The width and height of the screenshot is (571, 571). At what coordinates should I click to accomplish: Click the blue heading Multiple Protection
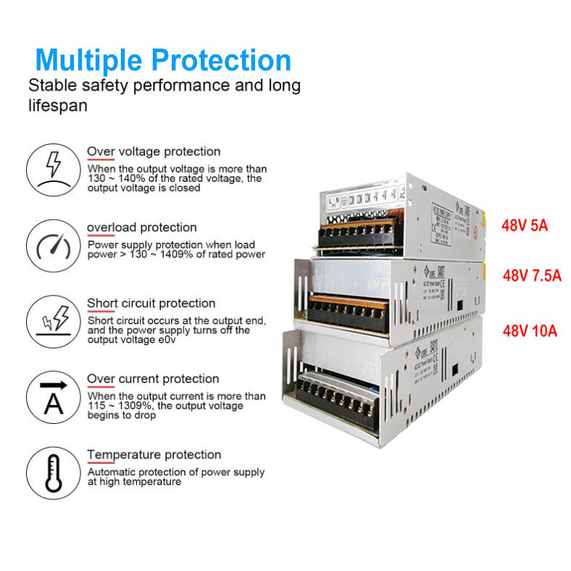coord(163,59)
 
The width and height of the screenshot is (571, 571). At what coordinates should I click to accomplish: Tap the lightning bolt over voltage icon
coord(53,170)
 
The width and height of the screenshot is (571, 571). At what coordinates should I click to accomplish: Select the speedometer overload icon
coord(53,245)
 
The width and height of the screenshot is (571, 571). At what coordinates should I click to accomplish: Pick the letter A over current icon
coord(53,396)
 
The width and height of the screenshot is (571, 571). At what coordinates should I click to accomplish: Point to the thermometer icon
coord(53,472)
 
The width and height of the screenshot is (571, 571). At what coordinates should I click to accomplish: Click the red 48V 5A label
coord(525,225)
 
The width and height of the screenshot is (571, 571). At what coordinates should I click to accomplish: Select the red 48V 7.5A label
coord(533,275)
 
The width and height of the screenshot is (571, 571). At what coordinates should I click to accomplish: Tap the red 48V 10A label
coord(530,331)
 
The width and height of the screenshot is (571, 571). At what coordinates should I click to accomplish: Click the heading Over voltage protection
coord(154,151)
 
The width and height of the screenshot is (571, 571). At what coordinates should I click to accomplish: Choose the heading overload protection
coord(141,228)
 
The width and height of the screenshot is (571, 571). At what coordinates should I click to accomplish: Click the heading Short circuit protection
coord(151,303)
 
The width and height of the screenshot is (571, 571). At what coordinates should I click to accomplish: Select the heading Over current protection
coord(153,379)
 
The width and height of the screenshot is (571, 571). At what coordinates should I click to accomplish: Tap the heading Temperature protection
coord(154,455)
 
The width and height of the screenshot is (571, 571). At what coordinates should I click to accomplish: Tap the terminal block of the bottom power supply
coord(346,397)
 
